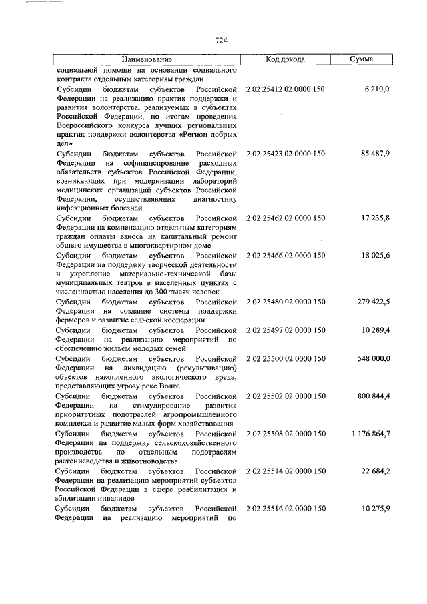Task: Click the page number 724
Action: click(222, 41)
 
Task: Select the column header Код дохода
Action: click(285, 59)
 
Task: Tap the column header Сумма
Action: click(362, 59)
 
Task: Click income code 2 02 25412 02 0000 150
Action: click(285, 88)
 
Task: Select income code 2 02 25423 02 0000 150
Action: click(285, 153)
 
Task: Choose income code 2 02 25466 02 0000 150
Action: click(285, 255)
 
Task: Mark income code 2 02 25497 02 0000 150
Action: click(285, 330)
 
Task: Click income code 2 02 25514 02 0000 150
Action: click(285, 471)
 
